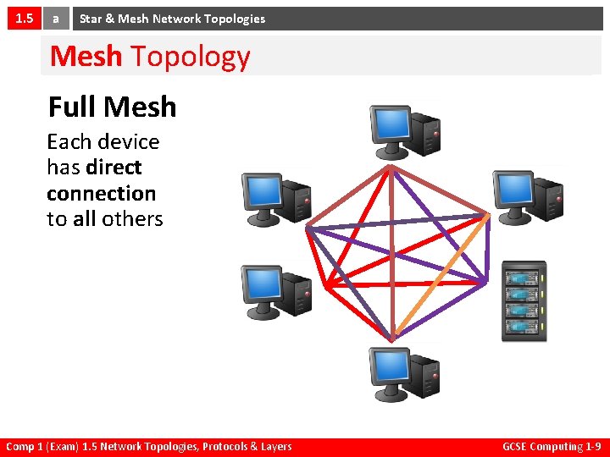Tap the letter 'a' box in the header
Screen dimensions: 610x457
tap(56, 18)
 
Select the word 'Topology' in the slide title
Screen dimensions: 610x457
tap(191, 57)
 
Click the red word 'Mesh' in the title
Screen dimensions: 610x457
tap(86, 57)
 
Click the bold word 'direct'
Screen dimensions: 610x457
tap(114, 167)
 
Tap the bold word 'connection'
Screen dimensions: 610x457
tap(101, 193)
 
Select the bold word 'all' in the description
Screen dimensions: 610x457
tap(84, 218)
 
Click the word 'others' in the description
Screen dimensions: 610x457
tap(131, 218)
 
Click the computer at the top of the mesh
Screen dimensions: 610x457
tap(404, 129)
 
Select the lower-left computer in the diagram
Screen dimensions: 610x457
tap(276, 290)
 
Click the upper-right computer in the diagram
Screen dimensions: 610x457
tap(528, 194)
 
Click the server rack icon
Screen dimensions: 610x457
tap(524, 301)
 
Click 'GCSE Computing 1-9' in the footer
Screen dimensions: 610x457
tap(552, 447)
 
